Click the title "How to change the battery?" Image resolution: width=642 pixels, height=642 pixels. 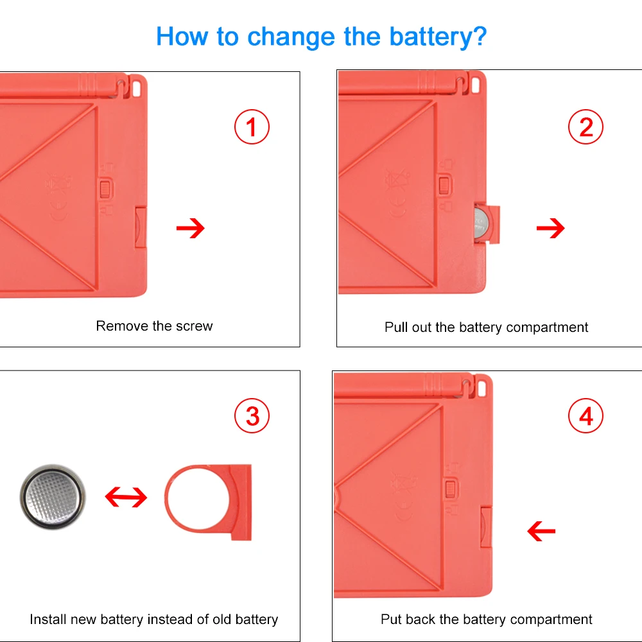322,37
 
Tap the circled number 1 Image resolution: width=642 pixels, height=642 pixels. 252,126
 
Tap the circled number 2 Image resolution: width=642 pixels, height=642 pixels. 586,126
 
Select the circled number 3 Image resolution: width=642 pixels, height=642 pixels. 252,415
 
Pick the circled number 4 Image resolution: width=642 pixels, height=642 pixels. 586,415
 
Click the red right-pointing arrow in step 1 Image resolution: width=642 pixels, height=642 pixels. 191,228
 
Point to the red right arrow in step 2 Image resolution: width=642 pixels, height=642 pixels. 550,228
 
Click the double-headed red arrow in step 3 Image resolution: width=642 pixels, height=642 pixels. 126,497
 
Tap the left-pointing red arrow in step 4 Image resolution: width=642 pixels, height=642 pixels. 541,531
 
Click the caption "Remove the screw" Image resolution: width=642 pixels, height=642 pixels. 154,326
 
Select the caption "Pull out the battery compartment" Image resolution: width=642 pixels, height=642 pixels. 486,327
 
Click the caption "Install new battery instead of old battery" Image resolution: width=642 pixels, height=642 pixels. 154,619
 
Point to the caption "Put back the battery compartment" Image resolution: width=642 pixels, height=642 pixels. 486,619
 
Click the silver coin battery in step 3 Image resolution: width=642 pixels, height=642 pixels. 53,497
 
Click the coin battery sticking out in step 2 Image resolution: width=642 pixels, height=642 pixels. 481,224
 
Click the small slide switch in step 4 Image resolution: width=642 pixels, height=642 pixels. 451,489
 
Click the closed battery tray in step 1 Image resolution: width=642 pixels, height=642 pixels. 141,227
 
